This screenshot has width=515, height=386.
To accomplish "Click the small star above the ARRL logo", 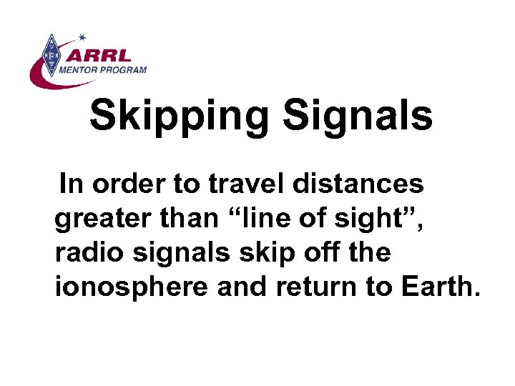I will click(x=82, y=35).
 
